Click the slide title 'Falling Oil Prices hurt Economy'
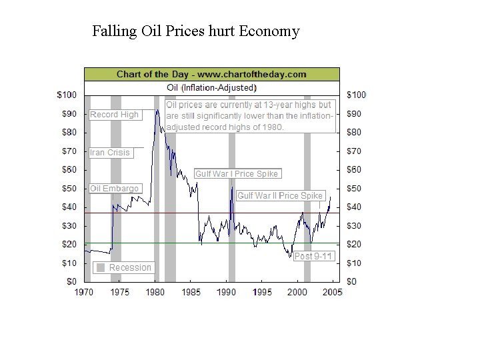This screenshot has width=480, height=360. pyautogui.click(x=196, y=31)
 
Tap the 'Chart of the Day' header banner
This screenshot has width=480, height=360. pyautogui.click(x=211, y=74)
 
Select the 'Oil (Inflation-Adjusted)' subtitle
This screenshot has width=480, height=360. pyautogui.click(x=211, y=87)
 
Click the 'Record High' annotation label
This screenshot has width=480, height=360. pyautogui.click(x=115, y=115)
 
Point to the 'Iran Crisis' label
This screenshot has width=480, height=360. pyautogui.click(x=111, y=153)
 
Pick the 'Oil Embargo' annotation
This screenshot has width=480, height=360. pyautogui.click(x=115, y=189)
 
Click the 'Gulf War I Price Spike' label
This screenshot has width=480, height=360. pyautogui.click(x=237, y=174)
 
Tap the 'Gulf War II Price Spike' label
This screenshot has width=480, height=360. pyautogui.click(x=280, y=195)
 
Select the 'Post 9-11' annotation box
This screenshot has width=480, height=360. pyautogui.click(x=313, y=256)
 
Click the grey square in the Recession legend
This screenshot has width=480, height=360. pyautogui.click(x=100, y=267)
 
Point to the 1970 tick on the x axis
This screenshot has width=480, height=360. pyautogui.click(x=84, y=292)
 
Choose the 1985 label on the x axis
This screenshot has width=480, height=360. pyautogui.click(x=191, y=292)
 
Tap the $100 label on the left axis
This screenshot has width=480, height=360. pyautogui.click(x=69, y=95)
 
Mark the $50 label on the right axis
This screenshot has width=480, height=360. pyautogui.click(x=355, y=189)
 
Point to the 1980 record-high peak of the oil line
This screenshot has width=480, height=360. pyautogui.click(x=157, y=111)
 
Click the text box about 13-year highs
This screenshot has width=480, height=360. pyautogui.click(x=249, y=116)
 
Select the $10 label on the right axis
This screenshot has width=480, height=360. pyautogui.click(x=355, y=263)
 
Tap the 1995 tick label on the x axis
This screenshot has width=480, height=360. pyautogui.click(x=263, y=292)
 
